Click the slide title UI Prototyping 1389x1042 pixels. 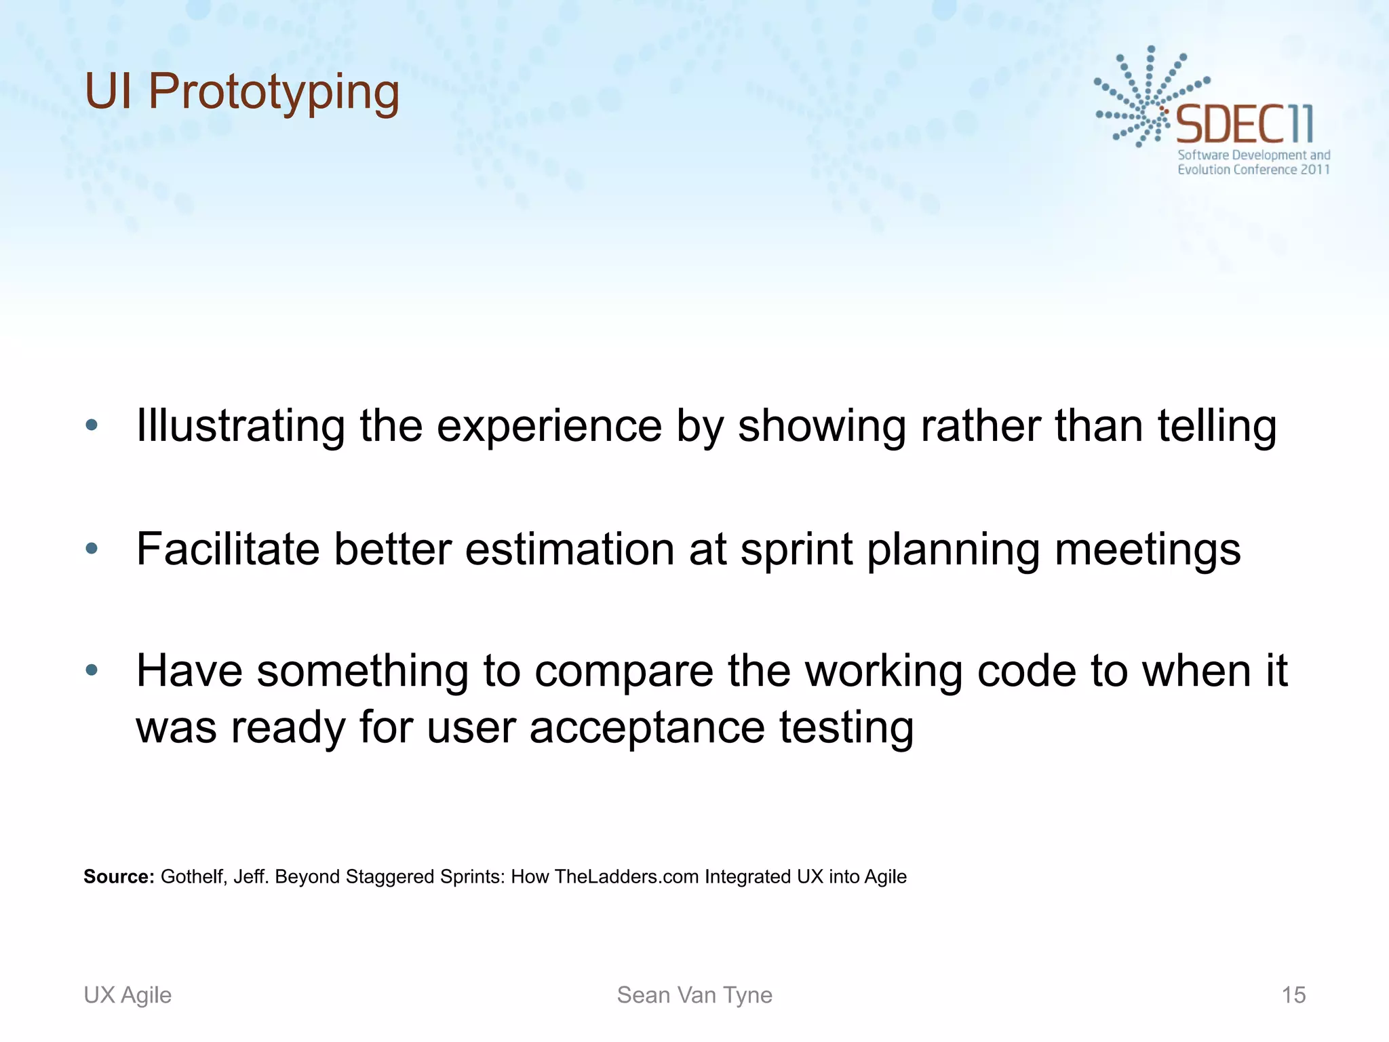click(242, 92)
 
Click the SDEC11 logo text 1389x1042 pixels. click(1245, 125)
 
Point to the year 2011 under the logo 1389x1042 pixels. click(1314, 170)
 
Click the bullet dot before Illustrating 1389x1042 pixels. click(92, 426)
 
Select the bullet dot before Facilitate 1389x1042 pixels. click(92, 548)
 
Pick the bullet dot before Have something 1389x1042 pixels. click(92, 671)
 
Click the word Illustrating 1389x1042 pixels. click(241, 426)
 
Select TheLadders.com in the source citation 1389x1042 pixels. click(627, 876)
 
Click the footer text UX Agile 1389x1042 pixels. click(128, 995)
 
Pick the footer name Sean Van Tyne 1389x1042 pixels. click(694, 995)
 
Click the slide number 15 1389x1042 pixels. click(1293, 995)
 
